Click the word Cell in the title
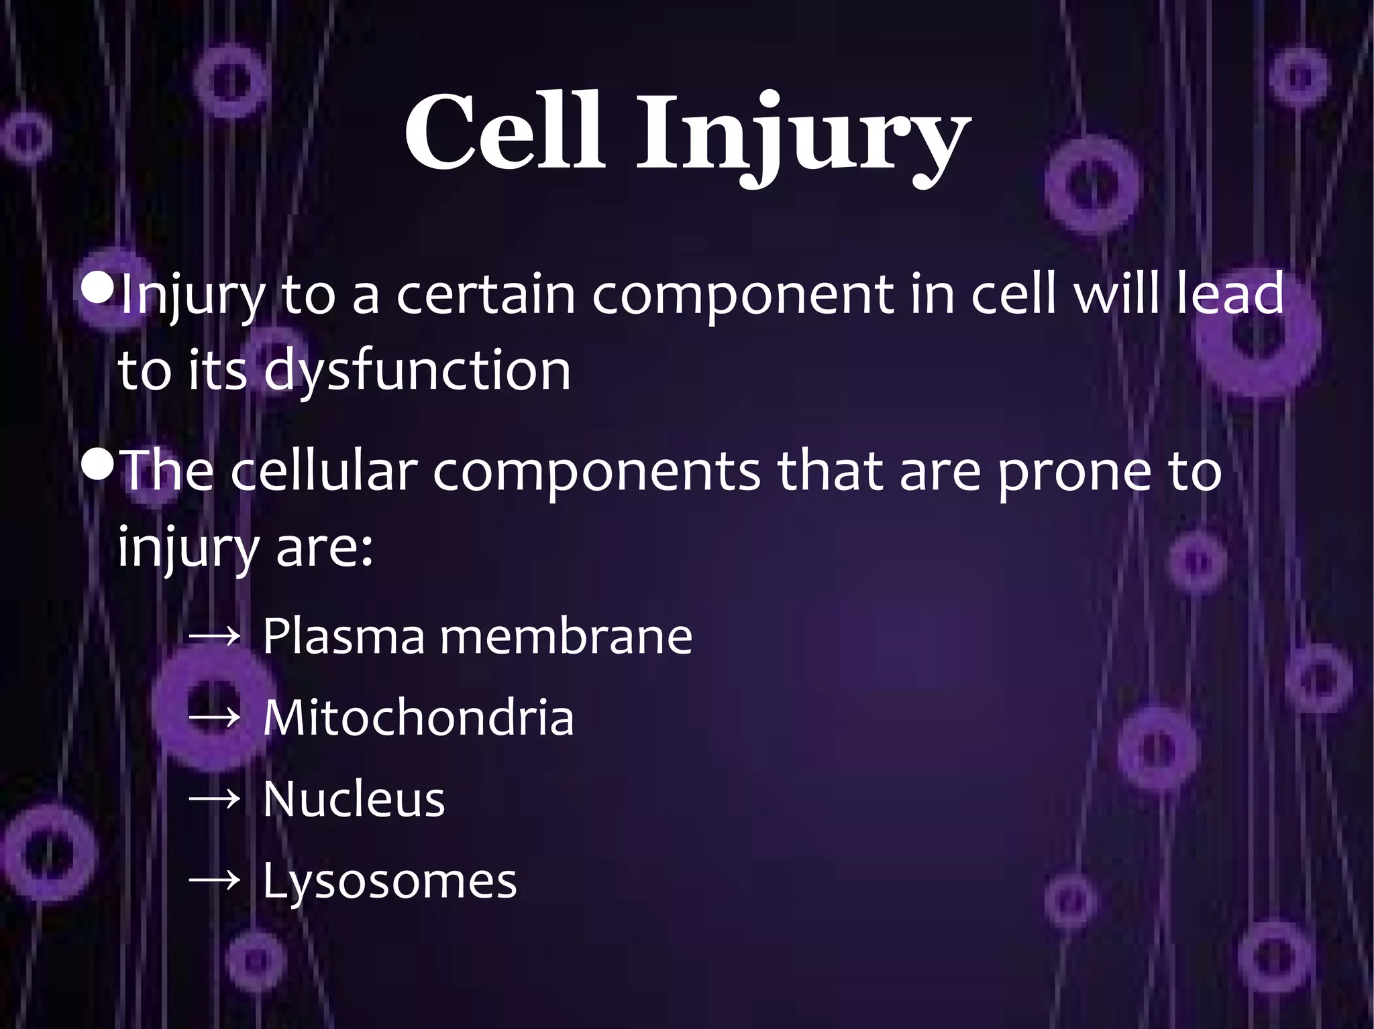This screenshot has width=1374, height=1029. point(504,132)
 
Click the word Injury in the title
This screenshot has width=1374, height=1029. point(802,137)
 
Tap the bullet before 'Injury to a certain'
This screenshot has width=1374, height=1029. point(98,290)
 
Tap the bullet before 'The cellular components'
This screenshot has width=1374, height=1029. point(98,466)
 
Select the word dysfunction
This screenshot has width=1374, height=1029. point(417,371)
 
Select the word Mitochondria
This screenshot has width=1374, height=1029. point(418,718)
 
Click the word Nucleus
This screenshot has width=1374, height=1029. point(354,799)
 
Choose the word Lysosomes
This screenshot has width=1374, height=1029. point(390,882)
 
